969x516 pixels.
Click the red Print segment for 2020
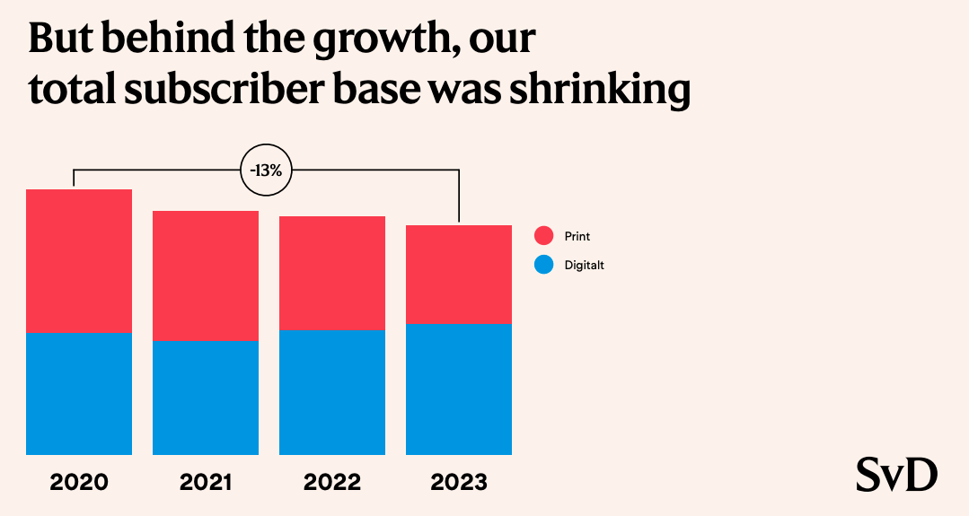[79, 261]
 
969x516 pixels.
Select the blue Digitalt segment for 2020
[79, 394]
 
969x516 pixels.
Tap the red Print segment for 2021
[206, 275]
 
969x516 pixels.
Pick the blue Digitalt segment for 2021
[206, 398]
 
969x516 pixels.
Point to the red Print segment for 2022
[332, 273]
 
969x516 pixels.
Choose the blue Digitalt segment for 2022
[332, 392]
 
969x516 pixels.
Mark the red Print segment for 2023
[459, 275]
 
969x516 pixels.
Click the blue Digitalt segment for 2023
[459, 389]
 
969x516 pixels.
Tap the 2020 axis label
[79, 482]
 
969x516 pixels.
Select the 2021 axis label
[206, 482]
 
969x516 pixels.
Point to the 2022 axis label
[332, 482]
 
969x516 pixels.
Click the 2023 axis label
[459, 482]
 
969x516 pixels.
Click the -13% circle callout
[267, 170]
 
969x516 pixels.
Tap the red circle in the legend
[543, 236]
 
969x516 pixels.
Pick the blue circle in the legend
[543, 265]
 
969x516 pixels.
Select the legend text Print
[577, 237]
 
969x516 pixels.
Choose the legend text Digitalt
[585, 266]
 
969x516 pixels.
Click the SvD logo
[896, 475]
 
